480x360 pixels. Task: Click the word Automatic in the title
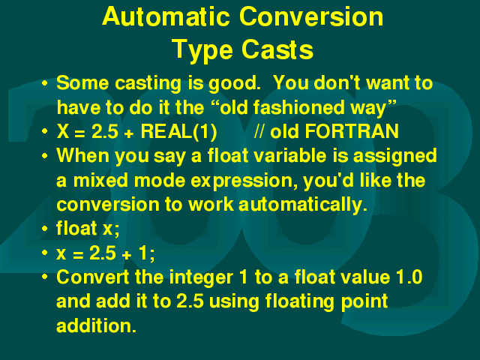[166, 16]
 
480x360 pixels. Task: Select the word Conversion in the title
[311, 16]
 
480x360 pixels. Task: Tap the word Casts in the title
[277, 49]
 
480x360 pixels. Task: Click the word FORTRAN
[352, 131]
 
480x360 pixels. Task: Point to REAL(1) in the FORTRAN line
[178, 132]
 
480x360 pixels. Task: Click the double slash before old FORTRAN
[259, 132]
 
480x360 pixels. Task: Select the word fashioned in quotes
[283, 107]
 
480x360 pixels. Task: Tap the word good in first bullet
[234, 84]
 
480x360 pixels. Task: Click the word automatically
[302, 205]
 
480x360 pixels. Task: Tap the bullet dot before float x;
[45, 229]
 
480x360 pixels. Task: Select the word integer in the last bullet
[201, 278]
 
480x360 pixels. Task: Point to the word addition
[96, 325]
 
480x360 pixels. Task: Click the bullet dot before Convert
[45, 277]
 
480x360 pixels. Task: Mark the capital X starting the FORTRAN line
[63, 131]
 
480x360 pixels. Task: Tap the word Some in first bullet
[82, 83]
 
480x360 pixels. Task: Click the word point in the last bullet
[364, 302]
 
